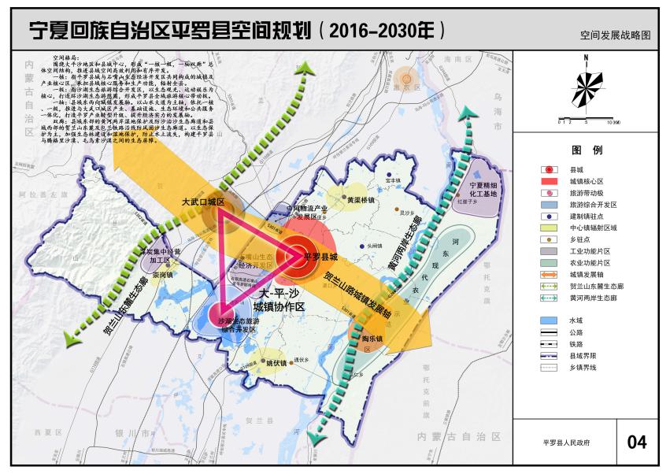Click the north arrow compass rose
pos(587,87)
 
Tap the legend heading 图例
pos(587,150)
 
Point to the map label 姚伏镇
pos(276,364)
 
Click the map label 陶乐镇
pos(372,339)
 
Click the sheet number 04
pos(636,442)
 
